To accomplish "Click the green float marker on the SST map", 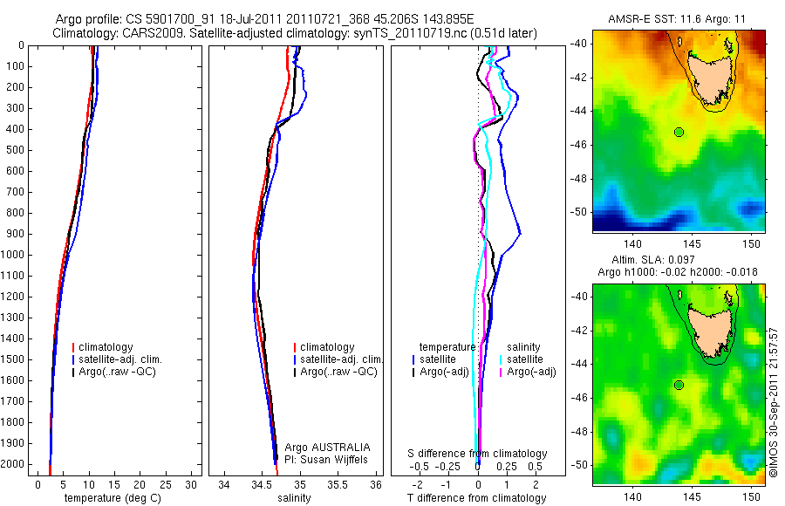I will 679,132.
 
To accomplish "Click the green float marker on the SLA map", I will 679,385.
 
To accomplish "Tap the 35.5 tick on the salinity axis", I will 338,483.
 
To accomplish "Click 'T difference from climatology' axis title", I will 477,498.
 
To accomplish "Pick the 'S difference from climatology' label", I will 478,454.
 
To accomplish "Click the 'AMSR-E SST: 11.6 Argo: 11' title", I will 678,19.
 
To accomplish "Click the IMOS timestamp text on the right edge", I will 774,401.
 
